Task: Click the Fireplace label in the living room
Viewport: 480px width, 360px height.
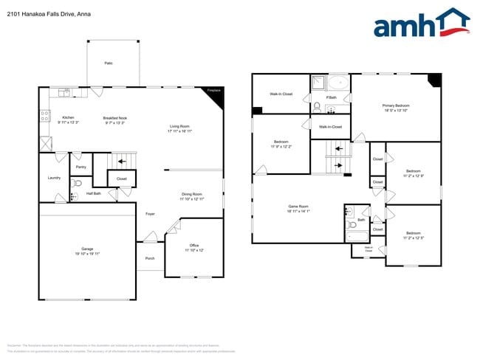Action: tap(213, 90)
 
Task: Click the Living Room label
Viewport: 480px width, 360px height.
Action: tap(179, 126)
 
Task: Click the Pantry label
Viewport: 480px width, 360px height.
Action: tap(80, 167)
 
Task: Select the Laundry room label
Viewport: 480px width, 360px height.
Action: tap(54, 177)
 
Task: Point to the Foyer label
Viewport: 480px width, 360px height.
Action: tap(150, 213)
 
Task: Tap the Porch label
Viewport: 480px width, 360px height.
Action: tap(150, 258)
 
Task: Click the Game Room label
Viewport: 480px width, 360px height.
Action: tap(298, 207)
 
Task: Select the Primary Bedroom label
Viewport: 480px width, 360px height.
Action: tap(397, 105)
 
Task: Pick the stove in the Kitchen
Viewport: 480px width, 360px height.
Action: tap(45, 115)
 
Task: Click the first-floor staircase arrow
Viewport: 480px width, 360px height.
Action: tap(123, 161)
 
